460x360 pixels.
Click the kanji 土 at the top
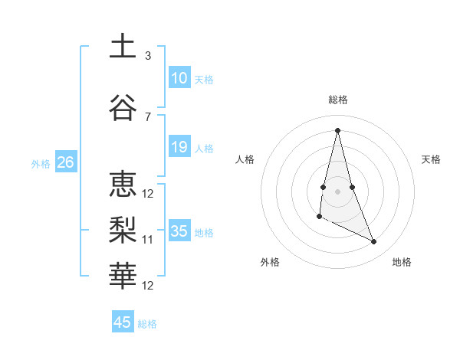(123, 46)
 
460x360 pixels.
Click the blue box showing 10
(179, 78)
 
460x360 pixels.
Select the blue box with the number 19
(179, 147)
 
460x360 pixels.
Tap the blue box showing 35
(179, 231)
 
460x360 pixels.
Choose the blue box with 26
(65, 162)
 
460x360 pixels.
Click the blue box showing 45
(123, 322)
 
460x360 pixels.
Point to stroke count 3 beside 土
(148, 56)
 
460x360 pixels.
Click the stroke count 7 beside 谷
(148, 116)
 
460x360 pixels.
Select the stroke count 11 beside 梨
(148, 240)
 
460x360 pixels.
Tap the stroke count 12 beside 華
(148, 286)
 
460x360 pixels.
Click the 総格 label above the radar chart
(338, 100)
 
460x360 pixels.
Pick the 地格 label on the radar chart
(402, 263)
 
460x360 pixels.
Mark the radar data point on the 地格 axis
(374, 242)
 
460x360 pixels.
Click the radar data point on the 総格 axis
(338, 129)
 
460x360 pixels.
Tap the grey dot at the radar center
(338, 191)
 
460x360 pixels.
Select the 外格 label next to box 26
(41, 163)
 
